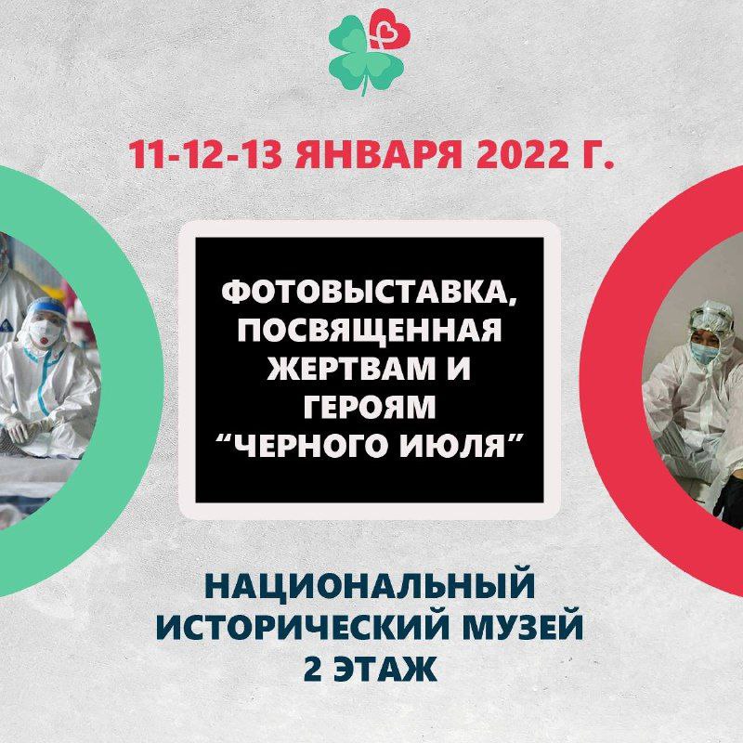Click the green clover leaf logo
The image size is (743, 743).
(360, 57)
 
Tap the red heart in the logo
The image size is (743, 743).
(390, 32)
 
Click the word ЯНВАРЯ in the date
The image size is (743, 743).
(378, 154)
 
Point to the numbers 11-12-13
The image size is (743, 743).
(204, 154)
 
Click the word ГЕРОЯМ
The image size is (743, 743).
(370, 407)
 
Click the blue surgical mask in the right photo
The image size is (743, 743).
(702, 352)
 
